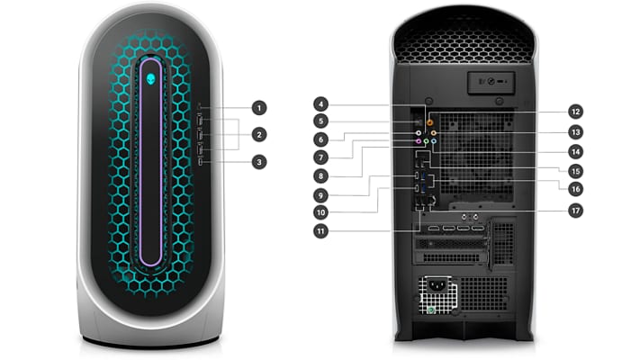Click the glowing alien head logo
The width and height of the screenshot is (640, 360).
[x=151, y=79]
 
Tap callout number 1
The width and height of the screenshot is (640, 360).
[x=259, y=108]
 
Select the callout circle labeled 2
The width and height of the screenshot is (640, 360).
[x=259, y=135]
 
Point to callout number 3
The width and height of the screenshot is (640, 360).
[x=259, y=162]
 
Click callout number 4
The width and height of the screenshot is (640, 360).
[x=320, y=104]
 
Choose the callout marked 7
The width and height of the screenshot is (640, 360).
[x=320, y=157]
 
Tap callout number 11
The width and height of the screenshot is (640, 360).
[x=320, y=231]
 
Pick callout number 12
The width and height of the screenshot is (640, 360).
[x=575, y=112]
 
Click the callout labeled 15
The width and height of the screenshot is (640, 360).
[x=575, y=171]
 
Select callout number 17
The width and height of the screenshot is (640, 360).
[x=575, y=211]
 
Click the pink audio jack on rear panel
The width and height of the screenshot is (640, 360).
[x=419, y=141]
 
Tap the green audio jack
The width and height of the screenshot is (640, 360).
[x=426, y=141]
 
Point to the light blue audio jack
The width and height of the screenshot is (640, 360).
[x=434, y=141]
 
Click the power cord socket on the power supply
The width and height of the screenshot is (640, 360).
[x=437, y=285]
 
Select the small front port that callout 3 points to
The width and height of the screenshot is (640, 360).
[x=200, y=162]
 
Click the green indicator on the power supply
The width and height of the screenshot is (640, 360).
[x=430, y=310]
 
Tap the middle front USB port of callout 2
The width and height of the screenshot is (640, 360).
[x=200, y=135]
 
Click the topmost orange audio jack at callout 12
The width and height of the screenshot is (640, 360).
[x=429, y=121]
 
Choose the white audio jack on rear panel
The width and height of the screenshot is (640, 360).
[x=419, y=133]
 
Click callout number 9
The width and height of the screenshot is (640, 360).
[x=320, y=195]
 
